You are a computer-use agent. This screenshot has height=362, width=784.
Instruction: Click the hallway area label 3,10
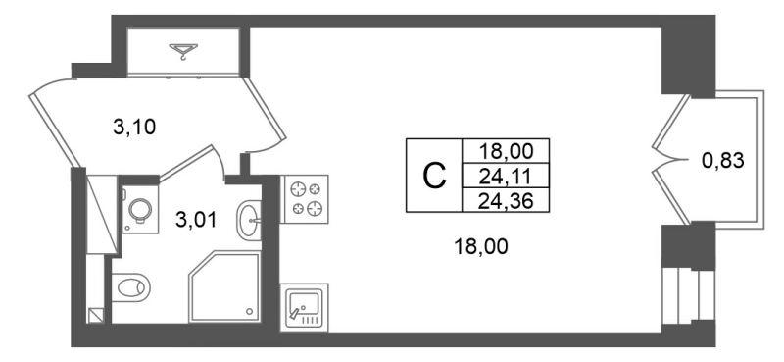(x=134, y=128)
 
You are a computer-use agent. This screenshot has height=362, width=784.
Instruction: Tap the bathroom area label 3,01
(x=197, y=220)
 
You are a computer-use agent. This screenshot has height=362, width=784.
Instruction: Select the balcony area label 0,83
(x=723, y=161)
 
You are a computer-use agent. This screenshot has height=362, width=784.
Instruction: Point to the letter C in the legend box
(x=434, y=177)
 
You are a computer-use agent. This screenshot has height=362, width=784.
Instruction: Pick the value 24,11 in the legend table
(x=506, y=176)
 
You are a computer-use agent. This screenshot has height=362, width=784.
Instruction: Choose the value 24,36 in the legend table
(x=506, y=201)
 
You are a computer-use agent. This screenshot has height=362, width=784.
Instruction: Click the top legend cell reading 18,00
(x=506, y=150)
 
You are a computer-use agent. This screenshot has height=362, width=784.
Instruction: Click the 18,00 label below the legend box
(x=481, y=246)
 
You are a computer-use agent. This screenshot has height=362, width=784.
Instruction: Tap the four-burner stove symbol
(x=304, y=199)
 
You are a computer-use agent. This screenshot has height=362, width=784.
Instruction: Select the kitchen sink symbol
(x=304, y=307)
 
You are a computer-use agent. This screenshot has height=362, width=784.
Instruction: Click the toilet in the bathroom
(x=130, y=287)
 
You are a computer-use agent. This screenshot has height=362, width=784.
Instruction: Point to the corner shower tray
(x=225, y=286)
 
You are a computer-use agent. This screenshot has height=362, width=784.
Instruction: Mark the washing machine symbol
(x=140, y=209)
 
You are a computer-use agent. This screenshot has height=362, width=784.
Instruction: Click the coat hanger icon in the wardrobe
(x=183, y=51)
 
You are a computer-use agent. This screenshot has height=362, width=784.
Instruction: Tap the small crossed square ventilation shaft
(x=96, y=315)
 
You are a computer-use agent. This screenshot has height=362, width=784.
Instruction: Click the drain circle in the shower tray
(x=250, y=311)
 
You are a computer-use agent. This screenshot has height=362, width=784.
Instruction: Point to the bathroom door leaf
(x=186, y=163)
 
